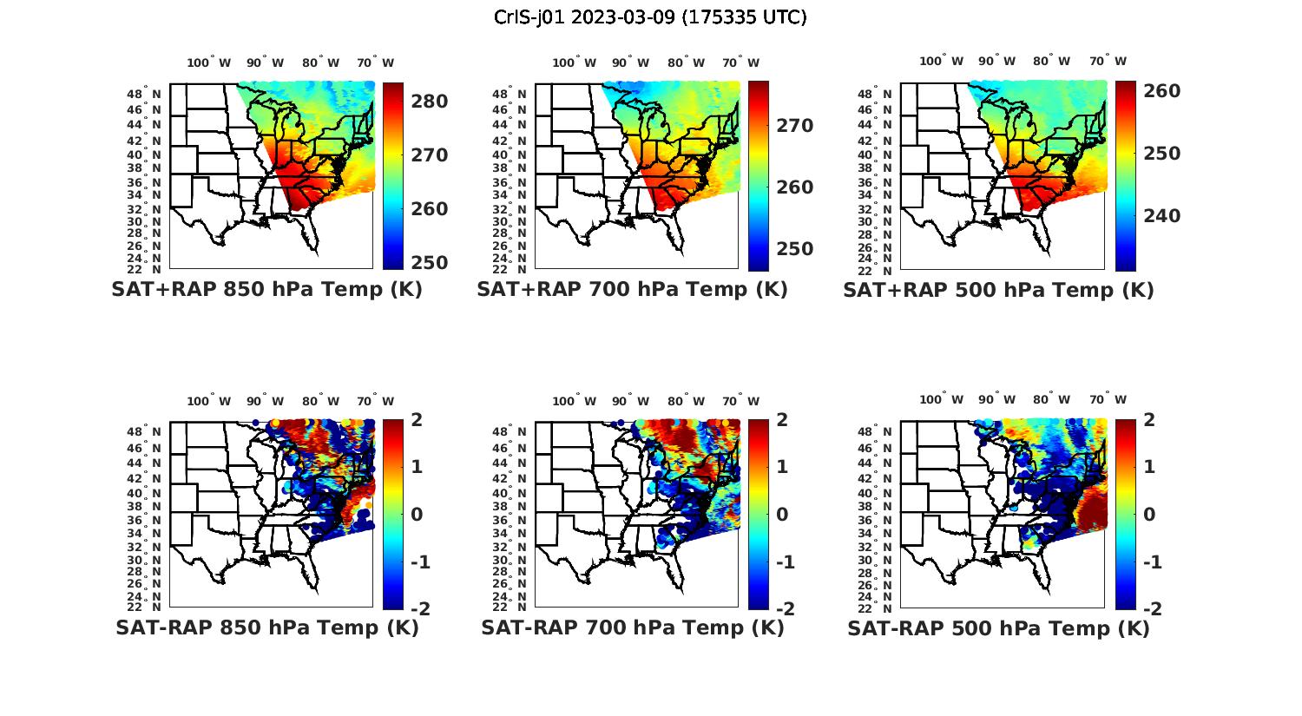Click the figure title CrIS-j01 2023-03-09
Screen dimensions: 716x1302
650,17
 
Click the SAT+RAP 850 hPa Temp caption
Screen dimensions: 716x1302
266,290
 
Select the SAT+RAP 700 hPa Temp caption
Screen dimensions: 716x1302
632,290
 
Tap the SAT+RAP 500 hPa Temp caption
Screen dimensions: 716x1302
998,290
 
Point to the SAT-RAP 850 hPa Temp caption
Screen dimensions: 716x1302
266,627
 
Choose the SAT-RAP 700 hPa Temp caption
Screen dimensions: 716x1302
632,627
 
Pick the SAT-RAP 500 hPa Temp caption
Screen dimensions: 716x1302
998,627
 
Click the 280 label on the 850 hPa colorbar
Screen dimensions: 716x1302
429,102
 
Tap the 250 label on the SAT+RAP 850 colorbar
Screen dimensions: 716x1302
429,262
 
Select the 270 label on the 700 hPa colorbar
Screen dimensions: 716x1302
795,126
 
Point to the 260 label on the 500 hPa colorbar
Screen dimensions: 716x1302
1162,90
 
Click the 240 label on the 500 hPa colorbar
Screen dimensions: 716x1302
1162,215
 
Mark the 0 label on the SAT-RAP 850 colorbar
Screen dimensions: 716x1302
416,514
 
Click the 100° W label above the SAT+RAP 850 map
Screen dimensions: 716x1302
209,62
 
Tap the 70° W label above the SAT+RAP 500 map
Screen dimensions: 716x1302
1108,61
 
